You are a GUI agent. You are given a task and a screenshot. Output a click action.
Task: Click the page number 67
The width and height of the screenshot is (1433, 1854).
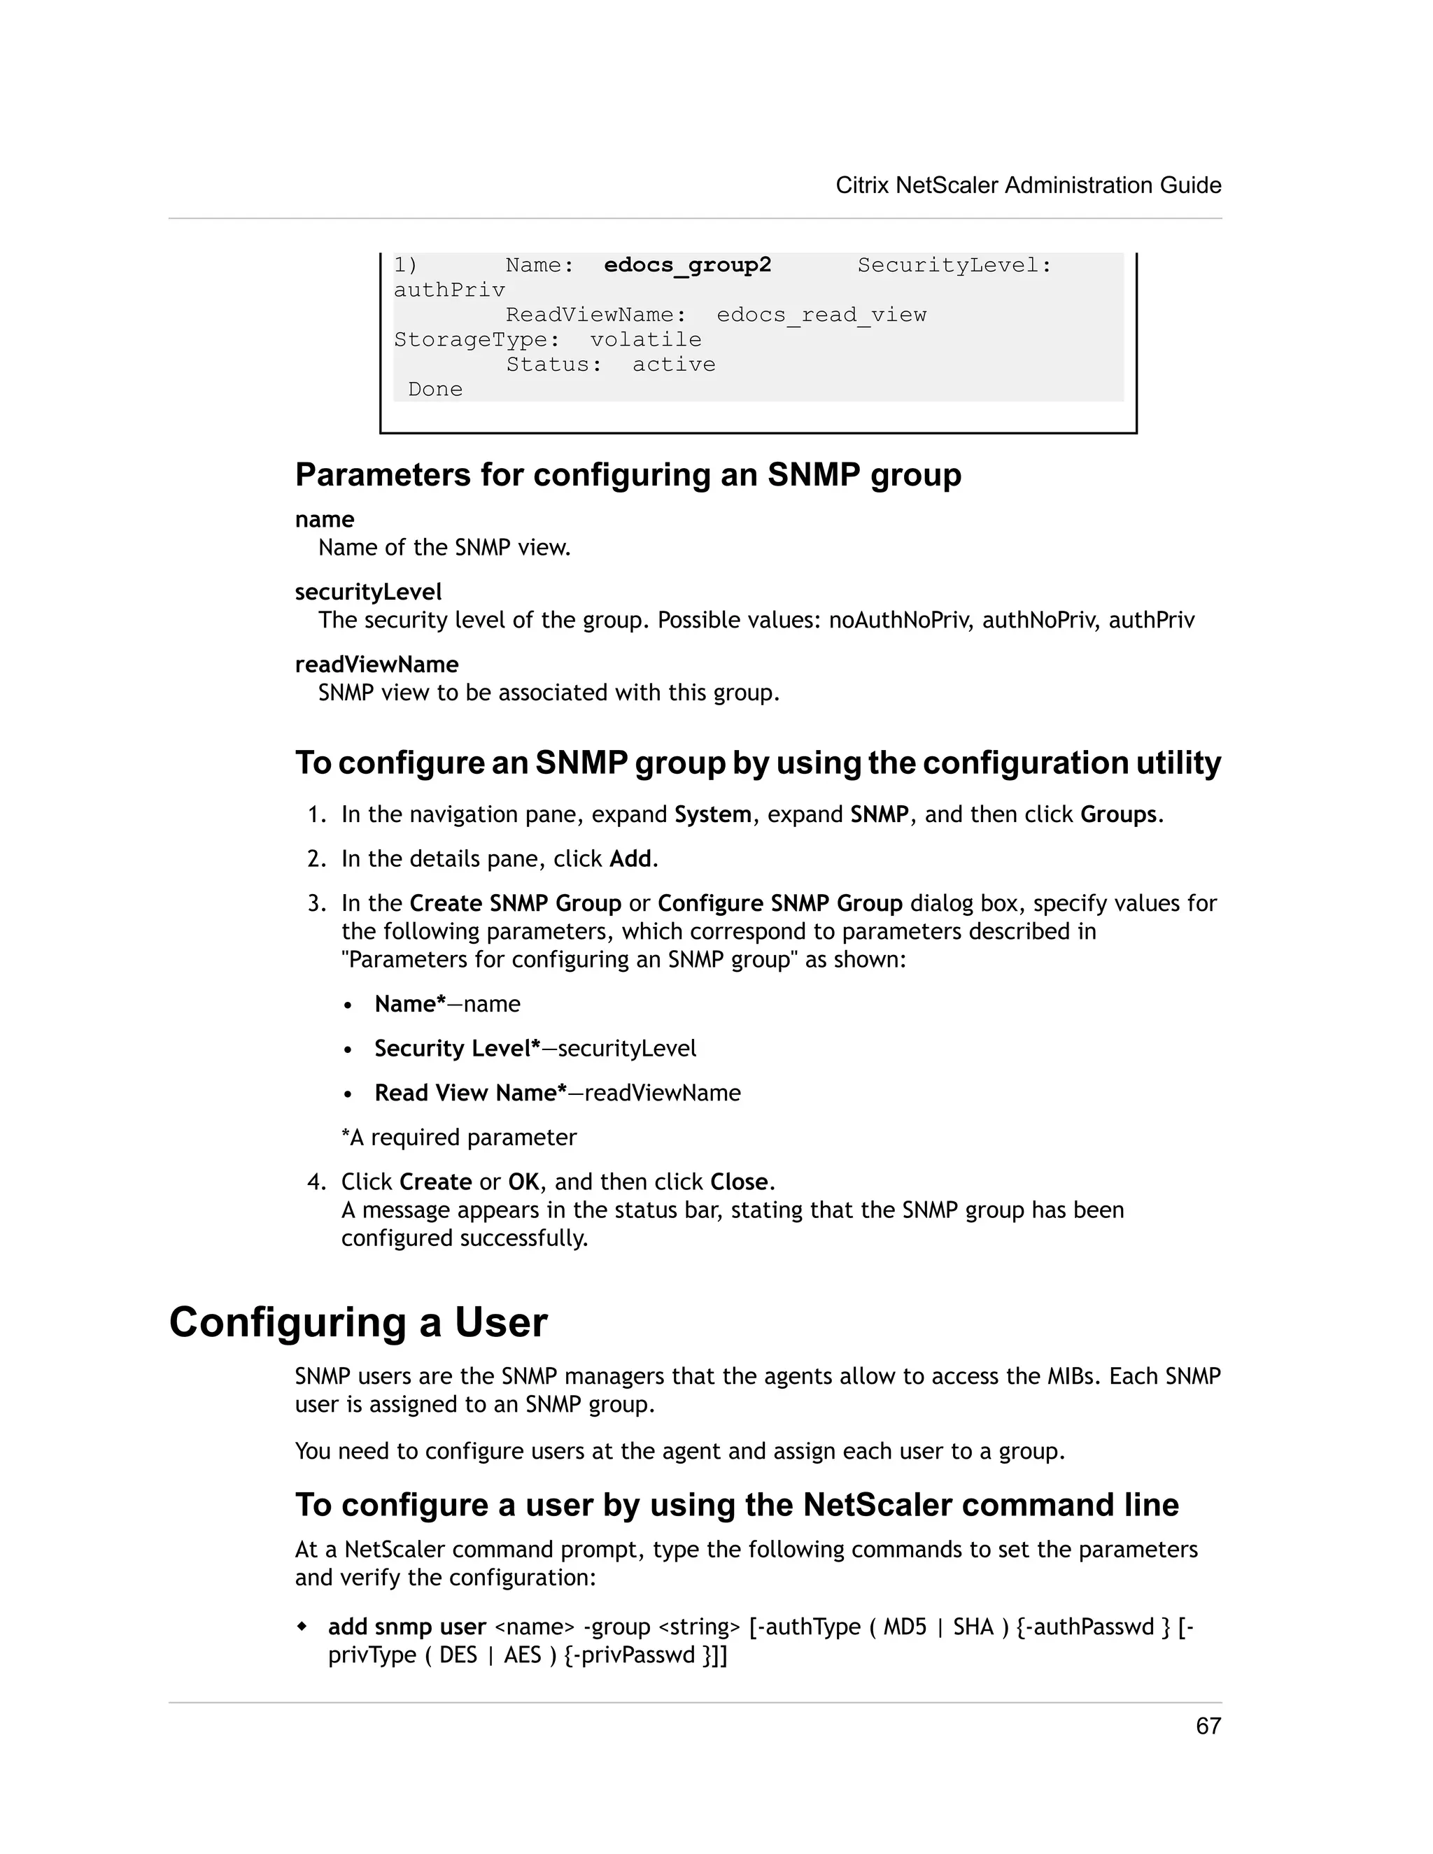1207,1726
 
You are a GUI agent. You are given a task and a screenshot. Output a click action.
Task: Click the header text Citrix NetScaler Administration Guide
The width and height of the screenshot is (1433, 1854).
1028,185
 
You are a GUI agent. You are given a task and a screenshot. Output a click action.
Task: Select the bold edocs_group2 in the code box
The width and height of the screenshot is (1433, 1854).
687,265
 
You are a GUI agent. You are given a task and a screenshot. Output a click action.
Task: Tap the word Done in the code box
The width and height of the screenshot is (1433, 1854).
435,389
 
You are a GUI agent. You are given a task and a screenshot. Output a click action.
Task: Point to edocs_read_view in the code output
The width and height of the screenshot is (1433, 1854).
821,315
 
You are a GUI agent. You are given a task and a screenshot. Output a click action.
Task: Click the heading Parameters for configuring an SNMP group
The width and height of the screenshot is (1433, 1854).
628,474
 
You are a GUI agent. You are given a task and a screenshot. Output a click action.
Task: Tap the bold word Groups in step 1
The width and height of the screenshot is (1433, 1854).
1117,814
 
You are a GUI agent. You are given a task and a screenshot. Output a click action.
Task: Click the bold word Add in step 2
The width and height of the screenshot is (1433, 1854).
630,858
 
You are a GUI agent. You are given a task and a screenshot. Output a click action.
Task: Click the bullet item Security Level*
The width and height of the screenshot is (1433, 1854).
457,1049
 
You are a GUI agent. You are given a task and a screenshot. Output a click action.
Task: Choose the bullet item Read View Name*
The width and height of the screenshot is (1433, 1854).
470,1093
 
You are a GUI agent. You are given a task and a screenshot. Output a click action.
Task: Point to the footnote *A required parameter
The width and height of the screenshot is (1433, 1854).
458,1137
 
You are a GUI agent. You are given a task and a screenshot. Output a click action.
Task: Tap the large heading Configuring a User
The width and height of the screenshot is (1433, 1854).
358,1322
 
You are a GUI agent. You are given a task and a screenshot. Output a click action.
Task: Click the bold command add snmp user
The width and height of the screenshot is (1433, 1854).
407,1627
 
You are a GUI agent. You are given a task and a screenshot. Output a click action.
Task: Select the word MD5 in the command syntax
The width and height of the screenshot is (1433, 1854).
904,1627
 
